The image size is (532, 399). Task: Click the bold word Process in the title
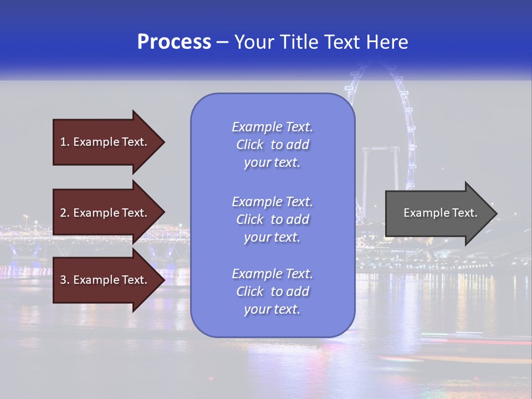(174, 42)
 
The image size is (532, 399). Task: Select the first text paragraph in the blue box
(272, 145)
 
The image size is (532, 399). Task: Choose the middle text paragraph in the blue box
(272, 219)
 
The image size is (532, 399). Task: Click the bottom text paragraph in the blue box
(272, 291)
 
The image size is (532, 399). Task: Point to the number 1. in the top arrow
(65, 142)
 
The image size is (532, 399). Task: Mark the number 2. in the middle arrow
(65, 213)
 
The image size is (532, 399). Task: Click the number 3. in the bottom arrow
(65, 280)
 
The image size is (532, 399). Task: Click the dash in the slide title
(223, 42)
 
